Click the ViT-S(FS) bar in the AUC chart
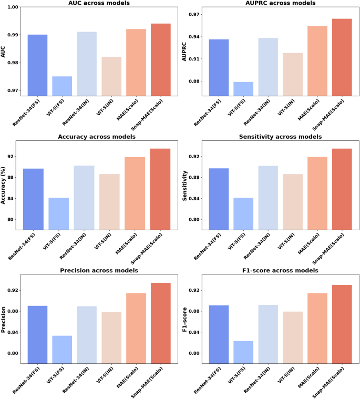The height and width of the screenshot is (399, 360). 62,86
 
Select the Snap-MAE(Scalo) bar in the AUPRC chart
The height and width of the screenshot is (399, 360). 342,57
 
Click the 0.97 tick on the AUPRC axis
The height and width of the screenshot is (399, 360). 192,14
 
